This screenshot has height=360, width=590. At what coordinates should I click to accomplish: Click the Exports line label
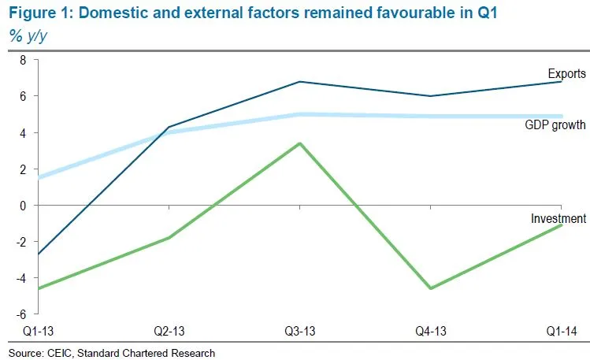(566, 74)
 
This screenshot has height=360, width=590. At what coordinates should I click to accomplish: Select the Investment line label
(558, 218)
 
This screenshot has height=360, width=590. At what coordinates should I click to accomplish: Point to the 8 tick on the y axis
(23, 60)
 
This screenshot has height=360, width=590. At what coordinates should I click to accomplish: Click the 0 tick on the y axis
(23, 206)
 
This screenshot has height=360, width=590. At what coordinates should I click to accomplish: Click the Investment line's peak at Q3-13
(299, 143)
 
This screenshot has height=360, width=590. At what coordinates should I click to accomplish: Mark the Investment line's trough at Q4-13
(430, 288)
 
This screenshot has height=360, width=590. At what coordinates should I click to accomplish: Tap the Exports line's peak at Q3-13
(299, 82)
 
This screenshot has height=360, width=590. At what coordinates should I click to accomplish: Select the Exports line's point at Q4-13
(430, 96)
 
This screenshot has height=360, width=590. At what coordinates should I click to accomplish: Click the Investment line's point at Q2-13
(169, 238)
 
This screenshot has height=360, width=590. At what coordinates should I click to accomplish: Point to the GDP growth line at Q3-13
(299, 114)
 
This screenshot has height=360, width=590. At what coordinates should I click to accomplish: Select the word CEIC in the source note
(60, 352)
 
